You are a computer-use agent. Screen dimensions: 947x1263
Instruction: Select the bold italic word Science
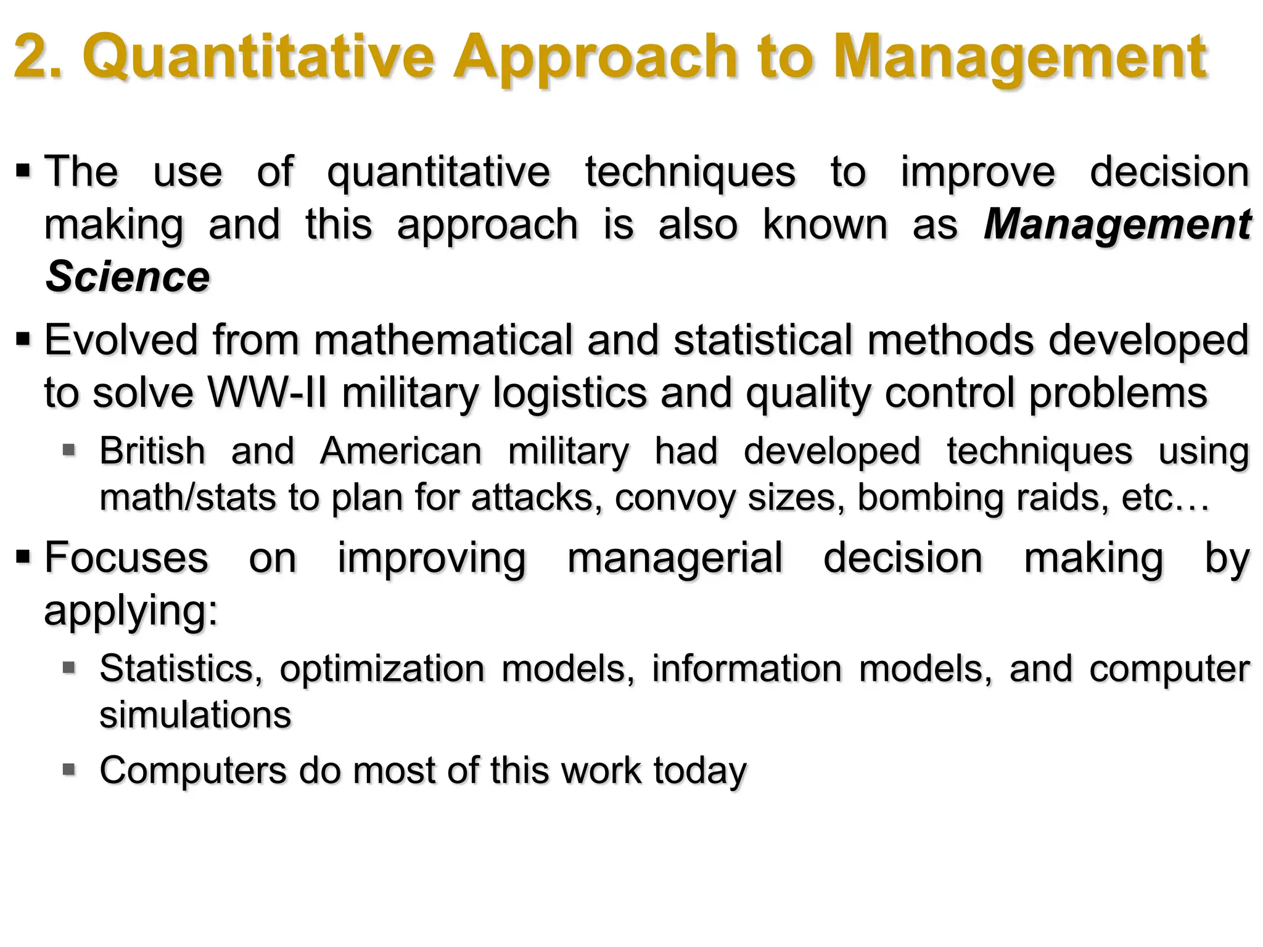pos(128,277)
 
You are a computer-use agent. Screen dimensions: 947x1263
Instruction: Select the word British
pos(152,451)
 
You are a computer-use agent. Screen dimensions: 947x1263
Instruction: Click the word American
pos(401,451)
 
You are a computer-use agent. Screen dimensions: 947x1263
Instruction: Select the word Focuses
pos(126,558)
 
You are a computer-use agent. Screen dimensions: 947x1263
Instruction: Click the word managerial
pos(675,558)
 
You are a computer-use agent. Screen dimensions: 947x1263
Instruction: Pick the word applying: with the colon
pos(131,610)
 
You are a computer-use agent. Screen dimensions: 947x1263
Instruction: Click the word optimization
pos(382,669)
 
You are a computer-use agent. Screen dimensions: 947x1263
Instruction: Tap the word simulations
pos(195,715)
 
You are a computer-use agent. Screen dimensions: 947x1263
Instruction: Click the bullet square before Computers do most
pos(69,769)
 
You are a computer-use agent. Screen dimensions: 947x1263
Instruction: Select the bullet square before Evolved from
pos(23,338)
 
